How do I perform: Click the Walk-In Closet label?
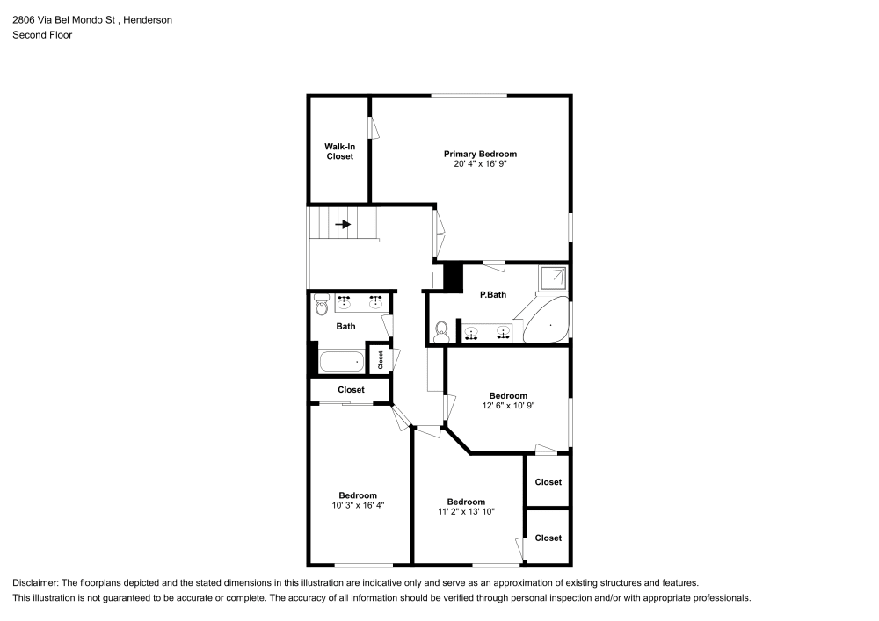339,151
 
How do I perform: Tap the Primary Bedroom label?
481,154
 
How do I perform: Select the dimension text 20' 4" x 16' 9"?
481,164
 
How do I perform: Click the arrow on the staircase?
343,225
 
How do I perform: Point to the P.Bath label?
493,294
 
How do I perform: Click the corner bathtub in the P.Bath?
546,321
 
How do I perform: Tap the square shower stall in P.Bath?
553,278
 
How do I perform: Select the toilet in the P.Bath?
442,331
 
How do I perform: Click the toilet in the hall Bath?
321,305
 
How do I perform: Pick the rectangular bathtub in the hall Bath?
342,362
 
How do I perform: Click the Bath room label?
345,326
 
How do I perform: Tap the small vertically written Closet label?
380,359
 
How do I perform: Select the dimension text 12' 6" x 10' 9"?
508,406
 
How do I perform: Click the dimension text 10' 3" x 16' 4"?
358,505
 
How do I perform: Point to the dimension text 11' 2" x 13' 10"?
466,511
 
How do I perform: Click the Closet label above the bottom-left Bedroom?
351,390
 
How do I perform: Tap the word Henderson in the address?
148,19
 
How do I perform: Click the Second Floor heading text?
42,35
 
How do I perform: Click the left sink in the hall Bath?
345,303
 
